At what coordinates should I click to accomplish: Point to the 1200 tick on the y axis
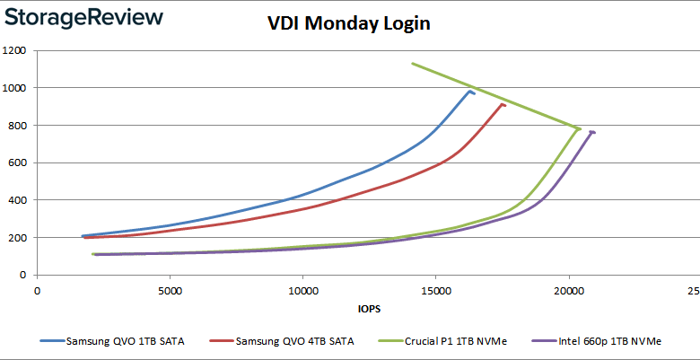[x=16, y=50]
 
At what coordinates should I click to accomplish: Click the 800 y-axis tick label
[x=19, y=126]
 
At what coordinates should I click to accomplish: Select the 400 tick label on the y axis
[x=19, y=200]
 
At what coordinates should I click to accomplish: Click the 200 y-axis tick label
[x=19, y=238]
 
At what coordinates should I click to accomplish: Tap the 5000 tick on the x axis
[x=170, y=291]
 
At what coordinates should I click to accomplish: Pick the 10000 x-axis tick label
[x=302, y=291]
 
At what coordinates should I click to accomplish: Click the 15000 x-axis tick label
[x=436, y=291]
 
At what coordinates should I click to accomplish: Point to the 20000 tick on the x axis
[x=569, y=291]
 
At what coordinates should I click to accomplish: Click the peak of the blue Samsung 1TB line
[x=470, y=91]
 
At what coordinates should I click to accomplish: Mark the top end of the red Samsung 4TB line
[x=503, y=104]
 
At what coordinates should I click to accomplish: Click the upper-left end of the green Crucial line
[x=412, y=64]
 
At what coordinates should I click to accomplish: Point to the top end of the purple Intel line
[x=591, y=132]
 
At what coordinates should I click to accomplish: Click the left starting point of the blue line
[x=83, y=236]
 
